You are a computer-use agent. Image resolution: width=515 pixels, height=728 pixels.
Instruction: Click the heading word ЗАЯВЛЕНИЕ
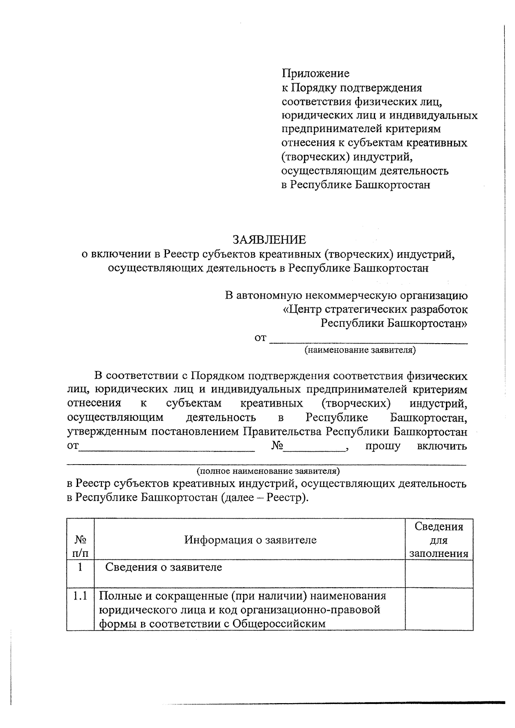(270, 239)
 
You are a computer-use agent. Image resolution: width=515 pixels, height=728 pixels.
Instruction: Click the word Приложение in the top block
(315, 73)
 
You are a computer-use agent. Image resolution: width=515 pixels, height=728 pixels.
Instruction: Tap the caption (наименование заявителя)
(360, 350)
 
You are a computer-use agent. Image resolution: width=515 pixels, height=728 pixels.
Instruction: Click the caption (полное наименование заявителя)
(268, 471)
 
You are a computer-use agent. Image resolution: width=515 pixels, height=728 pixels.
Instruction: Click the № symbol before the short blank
(277, 446)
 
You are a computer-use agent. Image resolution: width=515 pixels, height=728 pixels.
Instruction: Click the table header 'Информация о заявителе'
(250, 540)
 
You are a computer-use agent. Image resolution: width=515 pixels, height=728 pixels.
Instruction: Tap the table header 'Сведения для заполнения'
(439, 540)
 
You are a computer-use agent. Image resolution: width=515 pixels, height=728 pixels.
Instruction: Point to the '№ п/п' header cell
(80, 546)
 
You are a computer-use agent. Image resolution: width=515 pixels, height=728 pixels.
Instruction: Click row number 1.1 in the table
(80, 596)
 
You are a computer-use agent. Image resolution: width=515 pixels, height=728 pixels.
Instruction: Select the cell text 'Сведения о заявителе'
(164, 568)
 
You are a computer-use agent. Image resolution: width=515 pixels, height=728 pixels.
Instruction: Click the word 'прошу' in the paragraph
(382, 446)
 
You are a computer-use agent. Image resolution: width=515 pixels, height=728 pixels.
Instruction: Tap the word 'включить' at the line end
(442, 446)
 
